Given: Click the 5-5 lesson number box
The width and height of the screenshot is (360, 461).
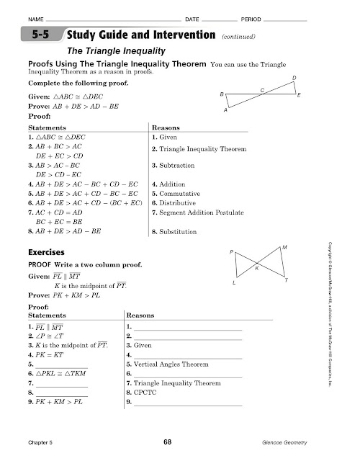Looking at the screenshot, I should [x=42, y=35].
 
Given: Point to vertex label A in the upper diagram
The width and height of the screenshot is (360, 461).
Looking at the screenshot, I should [x=225, y=111].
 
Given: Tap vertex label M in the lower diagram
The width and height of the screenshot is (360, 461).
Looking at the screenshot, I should [x=286, y=247].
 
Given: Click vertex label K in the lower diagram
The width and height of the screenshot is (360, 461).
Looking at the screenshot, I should [x=257, y=268].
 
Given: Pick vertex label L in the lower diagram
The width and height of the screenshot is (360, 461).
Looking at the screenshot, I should [x=235, y=283].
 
